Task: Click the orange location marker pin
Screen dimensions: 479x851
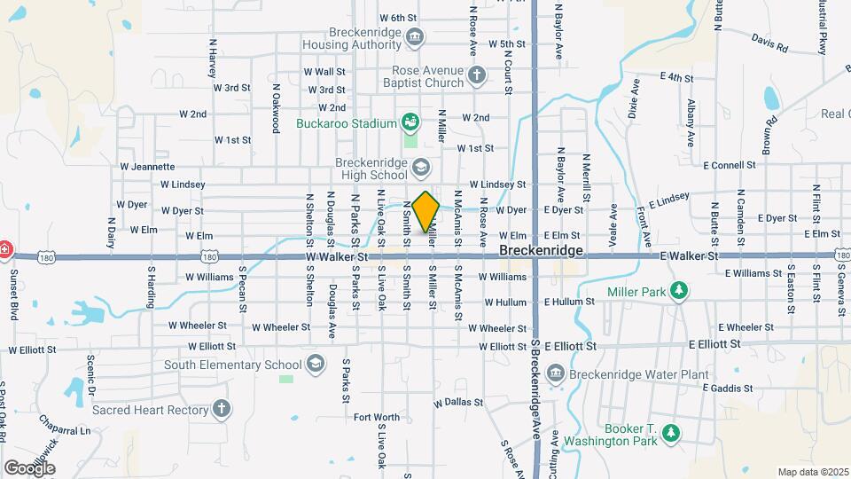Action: (x=425, y=211)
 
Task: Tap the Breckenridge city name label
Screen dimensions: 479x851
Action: (x=541, y=252)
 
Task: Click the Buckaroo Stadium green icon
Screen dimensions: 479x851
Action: (x=410, y=122)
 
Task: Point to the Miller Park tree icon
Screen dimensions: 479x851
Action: (x=678, y=291)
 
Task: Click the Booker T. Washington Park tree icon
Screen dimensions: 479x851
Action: (x=671, y=432)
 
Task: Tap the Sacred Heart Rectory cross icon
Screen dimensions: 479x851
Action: (x=222, y=409)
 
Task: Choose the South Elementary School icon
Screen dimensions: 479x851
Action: (x=314, y=364)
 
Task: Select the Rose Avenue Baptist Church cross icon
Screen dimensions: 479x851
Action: (x=477, y=75)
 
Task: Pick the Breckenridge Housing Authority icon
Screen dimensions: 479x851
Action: (x=415, y=36)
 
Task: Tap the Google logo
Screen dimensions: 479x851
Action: (x=30, y=467)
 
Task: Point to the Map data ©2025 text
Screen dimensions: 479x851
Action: (x=812, y=472)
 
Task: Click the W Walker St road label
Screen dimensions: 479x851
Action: (x=336, y=256)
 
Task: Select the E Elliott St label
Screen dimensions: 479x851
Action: (x=568, y=346)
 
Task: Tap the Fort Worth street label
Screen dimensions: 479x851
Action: (x=376, y=417)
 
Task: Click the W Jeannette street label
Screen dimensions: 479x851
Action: (x=147, y=166)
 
